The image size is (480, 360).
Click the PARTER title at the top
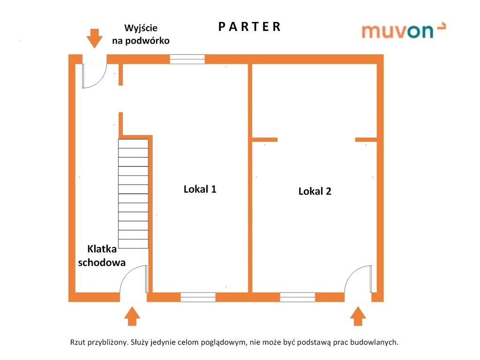pos(249,27)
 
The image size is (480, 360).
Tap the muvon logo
pos(403,30)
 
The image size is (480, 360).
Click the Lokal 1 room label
pos(200,189)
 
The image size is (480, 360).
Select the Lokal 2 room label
pos(315,191)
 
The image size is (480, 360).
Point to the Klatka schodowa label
pos(102,255)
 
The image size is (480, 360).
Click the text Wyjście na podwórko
pos(141,34)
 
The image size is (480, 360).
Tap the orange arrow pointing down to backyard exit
pos(95,38)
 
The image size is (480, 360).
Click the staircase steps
pos(133,193)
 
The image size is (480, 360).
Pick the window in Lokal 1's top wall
pos(187,59)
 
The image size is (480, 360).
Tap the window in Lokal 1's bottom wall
pos(198,297)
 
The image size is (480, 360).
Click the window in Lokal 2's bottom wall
pos(297,297)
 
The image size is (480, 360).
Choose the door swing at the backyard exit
pos(93,76)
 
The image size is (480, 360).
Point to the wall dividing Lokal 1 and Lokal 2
pos(250,178)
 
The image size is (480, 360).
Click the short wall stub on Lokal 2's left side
pos(264,139)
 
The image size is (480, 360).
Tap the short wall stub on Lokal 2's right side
pos(366,139)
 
